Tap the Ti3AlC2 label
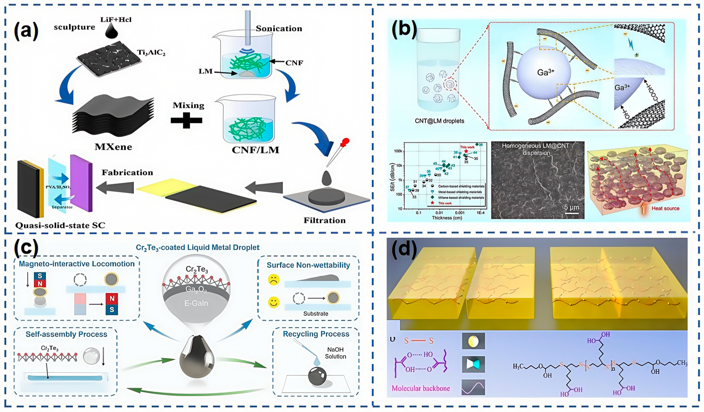pos(151,53)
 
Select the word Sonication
pos(279,29)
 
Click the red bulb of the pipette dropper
pos(346,142)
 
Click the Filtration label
pos(324,220)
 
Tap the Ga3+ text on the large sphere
pos(546,72)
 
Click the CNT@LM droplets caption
pos(439,121)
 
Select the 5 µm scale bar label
pos(571,207)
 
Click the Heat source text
pos(665,208)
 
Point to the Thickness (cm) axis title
pos(447,217)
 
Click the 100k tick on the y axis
pos(398,151)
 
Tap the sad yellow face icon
pos(274,280)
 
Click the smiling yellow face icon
pos(274,303)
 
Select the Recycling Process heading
pos(316,334)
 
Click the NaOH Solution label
pos(335,353)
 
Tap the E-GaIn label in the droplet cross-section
pos(196,303)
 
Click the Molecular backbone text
pos(421,388)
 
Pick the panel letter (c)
pos(26,248)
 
